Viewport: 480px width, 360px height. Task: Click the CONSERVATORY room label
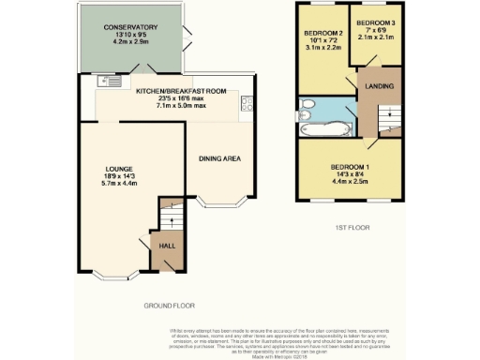coord(130,28)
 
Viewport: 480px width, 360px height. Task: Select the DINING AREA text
coord(220,158)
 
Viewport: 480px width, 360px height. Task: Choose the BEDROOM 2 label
coord(321,34)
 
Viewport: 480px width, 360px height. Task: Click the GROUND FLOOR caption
coord(169,306)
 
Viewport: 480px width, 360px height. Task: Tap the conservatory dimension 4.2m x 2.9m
coord(130,43)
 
